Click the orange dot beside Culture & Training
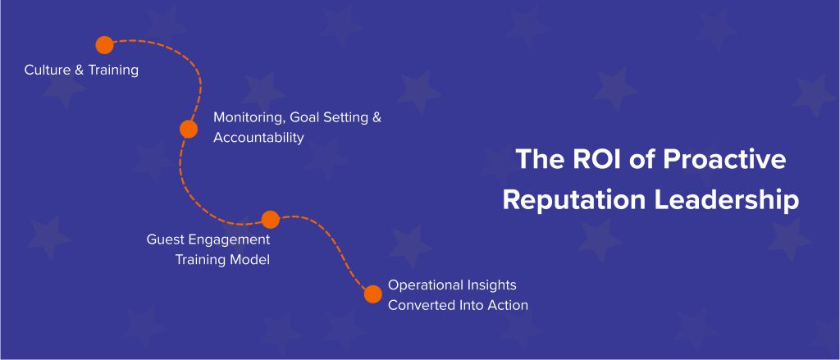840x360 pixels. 104,45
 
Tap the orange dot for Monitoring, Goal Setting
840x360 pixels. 189,129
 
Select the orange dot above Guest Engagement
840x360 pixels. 270,219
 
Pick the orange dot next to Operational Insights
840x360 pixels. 373,294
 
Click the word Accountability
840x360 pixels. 258,138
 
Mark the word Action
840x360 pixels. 508,306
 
